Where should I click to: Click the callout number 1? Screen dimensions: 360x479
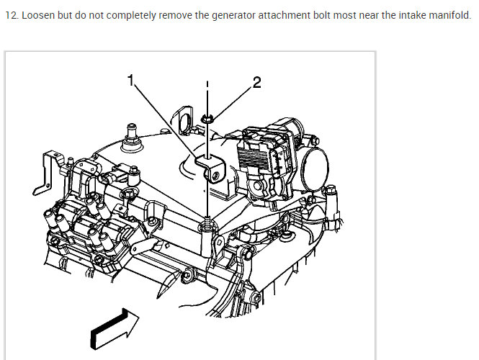click(x=131, y=81)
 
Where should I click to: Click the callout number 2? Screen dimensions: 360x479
click(x=257, y=81)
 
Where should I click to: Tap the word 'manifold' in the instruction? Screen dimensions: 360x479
click(x=447, y=16)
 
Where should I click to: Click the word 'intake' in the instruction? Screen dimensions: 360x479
click(x=405, y=16)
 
